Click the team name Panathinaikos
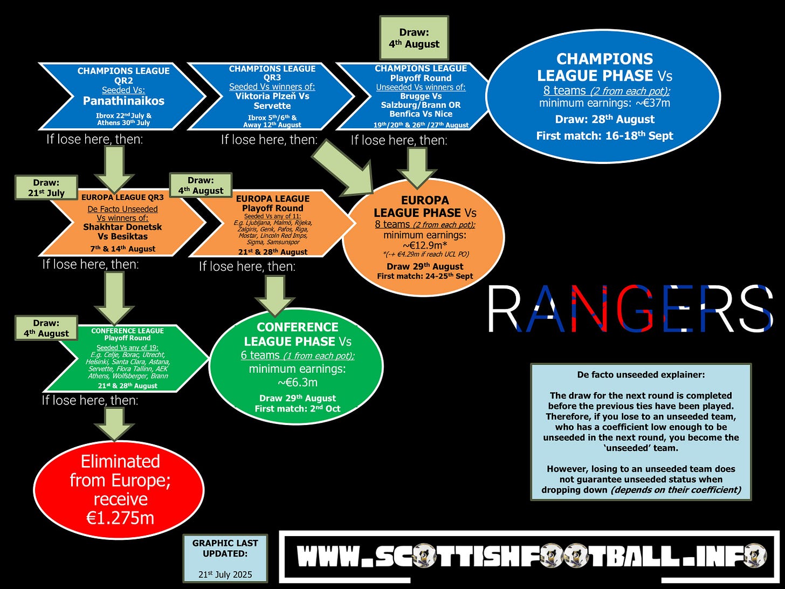tap(123, 101)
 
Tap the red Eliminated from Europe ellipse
tap(119, 489)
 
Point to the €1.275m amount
tap(120, 518)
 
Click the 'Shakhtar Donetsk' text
tap(122, 227)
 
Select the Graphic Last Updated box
tap(225, 558)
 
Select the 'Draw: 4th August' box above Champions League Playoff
tap(414, 38)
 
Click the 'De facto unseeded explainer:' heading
tap(641, 375)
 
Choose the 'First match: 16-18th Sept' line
tap(604, 136)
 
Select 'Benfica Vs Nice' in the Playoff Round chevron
tap(421, 114)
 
